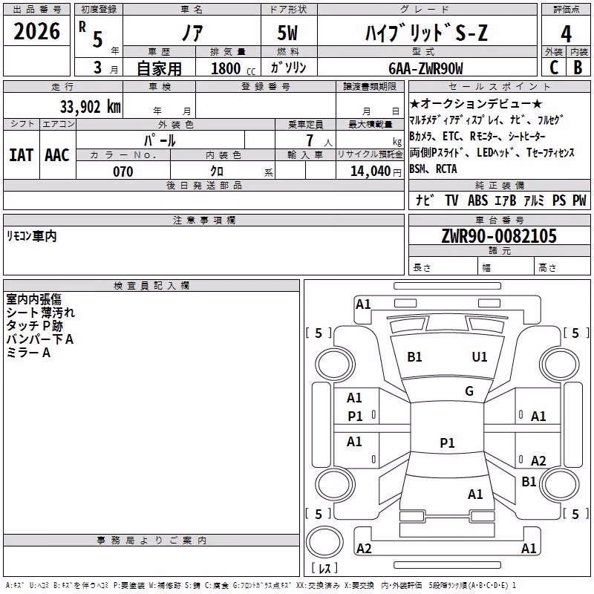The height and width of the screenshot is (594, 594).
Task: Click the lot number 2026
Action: coord(36,31)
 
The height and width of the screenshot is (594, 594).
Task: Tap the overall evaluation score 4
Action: coord(566,33)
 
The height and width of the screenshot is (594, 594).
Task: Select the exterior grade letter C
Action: coord(554,68)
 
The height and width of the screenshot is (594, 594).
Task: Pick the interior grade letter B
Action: coord(578,68)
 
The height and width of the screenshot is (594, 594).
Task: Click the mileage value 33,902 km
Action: coord(91,107)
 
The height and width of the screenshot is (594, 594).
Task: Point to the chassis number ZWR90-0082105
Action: coord(499,236)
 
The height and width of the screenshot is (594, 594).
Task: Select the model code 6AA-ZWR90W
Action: coord(425,68)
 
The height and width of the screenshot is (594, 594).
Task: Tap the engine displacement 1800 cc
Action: coord(233,68)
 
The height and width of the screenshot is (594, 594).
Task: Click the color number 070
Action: coord(123,172)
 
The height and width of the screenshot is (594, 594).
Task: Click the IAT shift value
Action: coord(21,155)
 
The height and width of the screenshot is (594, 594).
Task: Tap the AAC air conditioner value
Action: coord(57,155)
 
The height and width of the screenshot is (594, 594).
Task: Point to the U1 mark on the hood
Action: coord(479,357)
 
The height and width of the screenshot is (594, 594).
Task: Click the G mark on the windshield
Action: coord(469,391)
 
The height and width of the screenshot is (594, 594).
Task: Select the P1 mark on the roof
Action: coord(447,443)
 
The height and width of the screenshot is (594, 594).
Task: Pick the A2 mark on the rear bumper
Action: coord(364,548)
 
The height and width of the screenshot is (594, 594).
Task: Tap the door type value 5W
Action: coord(287,33)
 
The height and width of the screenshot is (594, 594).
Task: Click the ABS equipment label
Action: coord(477,200)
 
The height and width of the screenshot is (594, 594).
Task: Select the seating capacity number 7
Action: coord(310,140)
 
